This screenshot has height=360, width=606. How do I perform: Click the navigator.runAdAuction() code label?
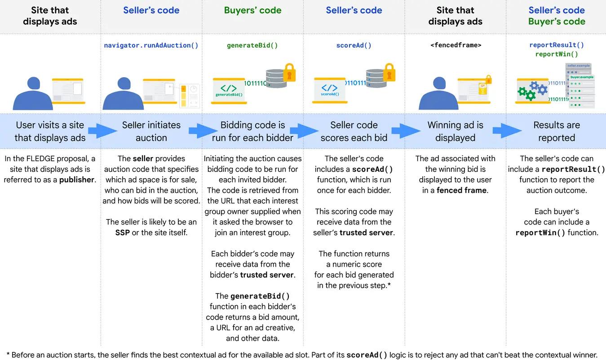(151, 45)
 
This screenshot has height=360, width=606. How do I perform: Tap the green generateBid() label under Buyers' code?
(252, 45)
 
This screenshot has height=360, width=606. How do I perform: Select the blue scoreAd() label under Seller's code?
(354, 45)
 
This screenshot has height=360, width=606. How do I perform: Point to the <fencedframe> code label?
(456, 45)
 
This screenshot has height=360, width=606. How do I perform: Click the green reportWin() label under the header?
(557, 54)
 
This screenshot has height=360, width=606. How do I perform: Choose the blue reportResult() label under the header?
(557, 45)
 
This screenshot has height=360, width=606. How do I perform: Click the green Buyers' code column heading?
(252, 10)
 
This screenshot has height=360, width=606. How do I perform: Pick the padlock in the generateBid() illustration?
(288, 72)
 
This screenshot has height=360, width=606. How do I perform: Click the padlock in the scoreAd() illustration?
(389, 72)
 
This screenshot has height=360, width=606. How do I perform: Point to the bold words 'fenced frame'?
(461, 190)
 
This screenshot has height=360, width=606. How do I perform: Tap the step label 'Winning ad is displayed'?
(455, 131)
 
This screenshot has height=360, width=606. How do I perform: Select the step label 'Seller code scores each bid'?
(354, 131)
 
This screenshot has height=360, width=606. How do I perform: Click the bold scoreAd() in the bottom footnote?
(367, 355)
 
